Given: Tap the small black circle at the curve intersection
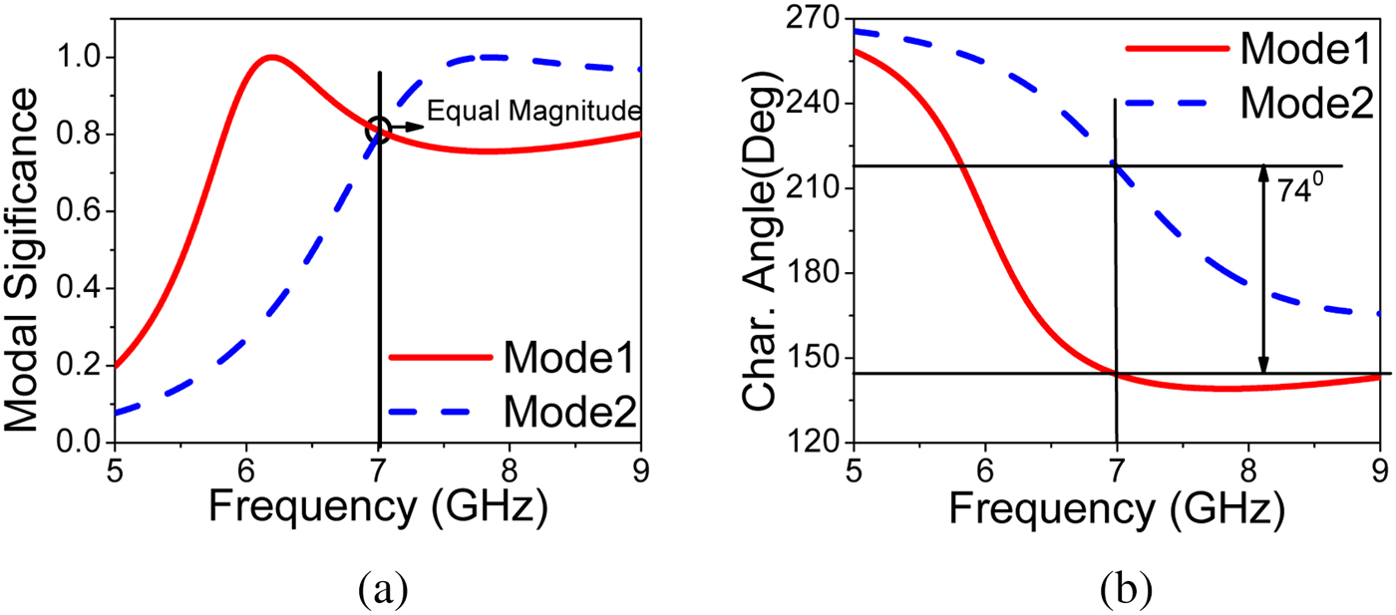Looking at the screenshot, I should pos(378,129).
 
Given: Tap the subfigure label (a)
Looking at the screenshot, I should pos(382,589).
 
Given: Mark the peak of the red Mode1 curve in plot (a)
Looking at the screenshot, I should pos(270,57).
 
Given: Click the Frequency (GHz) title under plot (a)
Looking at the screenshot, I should pos(379,508).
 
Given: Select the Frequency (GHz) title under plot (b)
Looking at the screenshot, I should pos(1116,508).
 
